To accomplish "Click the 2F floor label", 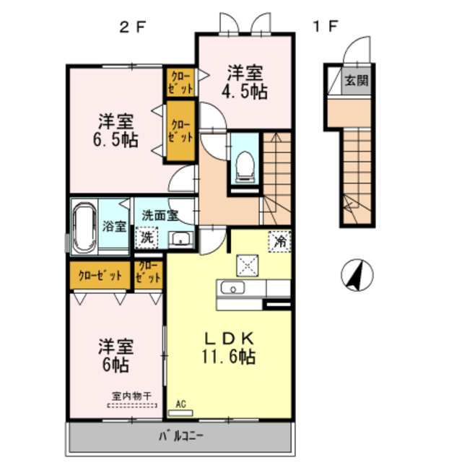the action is [133, 27].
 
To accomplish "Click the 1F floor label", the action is [325, 26].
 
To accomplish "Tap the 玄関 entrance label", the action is [357, 80].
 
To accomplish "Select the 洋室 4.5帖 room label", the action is [245, 82].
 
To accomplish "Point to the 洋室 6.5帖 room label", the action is [115, 130].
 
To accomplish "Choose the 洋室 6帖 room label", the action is [115, 356].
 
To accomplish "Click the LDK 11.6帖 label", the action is [229, 348].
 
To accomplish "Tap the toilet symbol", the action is [245, 167].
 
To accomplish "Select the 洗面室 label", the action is [160, 215].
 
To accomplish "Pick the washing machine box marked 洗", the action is [147, 237].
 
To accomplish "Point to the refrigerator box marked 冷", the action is [279, 241].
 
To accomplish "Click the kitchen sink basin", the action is [232, 288].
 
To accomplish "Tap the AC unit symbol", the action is [180, 413].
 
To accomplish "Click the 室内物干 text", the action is [131, 396].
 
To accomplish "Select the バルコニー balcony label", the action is [181, 436].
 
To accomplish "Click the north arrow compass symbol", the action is [357, 275].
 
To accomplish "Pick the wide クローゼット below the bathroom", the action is [100, 276].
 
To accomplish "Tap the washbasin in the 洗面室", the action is [180, 239].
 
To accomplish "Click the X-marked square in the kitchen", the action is [248, 266].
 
